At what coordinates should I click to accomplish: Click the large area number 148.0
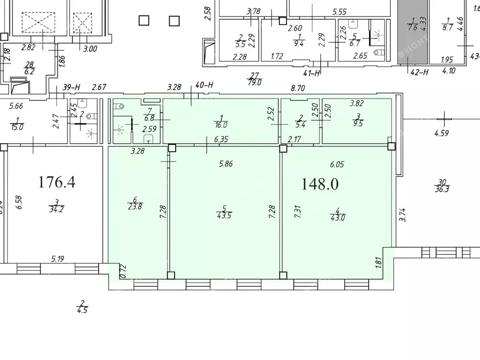(x=320, y=184)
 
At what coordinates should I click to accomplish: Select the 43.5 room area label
(x=224, y=215)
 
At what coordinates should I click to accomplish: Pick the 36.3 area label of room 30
(x=441, y=188)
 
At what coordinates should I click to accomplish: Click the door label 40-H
(x=204, y=85)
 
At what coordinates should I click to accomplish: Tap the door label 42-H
(x=419, y=72)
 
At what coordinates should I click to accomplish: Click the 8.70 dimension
(x=299, y=87)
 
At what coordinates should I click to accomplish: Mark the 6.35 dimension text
(x=221, y=139)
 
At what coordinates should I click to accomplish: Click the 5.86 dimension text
(x=226, y=164)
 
